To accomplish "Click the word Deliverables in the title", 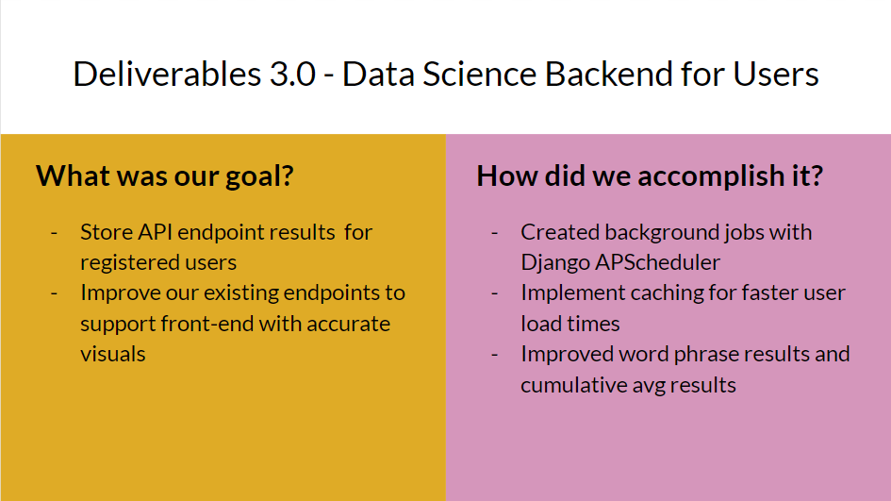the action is pyautogui.click(x=167, y=74).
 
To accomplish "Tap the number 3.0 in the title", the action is pyautogui.click(x=292, y=75).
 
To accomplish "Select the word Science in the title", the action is pyautogui.click(x=479, y=74).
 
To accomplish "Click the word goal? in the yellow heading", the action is pyautogui.click(x=259, y=176).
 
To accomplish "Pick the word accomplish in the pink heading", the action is pyautogui.click(x=703, y=176).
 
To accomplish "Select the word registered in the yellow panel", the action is pyautogui.click(x=121, y=263).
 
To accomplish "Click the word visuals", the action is pyautogui.click(x=112, y=354).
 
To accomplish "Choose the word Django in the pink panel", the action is pyautogui.click(x=555, y=263).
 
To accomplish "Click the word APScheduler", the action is pyautogui.click(x=657, y=262).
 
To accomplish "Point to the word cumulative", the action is pyautogui.click(x=573, y=386).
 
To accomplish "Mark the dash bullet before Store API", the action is pyautogui.click(x=54, y=233).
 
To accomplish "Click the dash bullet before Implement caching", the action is pyautogui.click(x=494, y=293).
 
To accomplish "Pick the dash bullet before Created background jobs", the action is pyautogui.click(x=494, y=233).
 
